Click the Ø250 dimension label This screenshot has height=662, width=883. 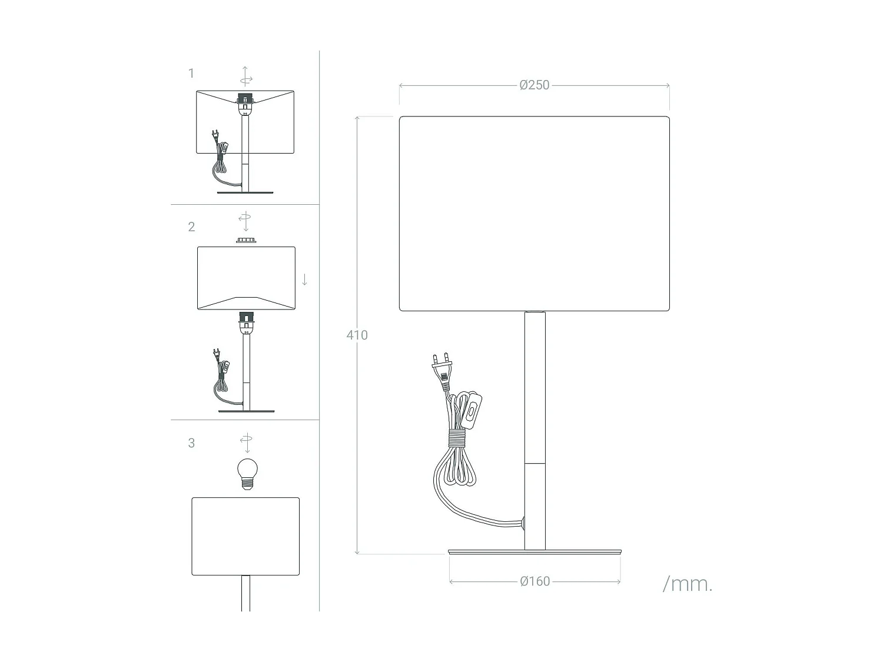[x=534, y=85]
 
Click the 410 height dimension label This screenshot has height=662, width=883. [x=357, y=335]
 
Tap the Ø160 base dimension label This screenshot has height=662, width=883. [x=535, y=581]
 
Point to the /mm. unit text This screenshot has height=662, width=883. [x=687, y=584]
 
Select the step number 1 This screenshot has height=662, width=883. [x=191, y=74]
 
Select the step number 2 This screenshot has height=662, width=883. [x=191, y=227]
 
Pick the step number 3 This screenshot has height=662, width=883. [x=191, y=444]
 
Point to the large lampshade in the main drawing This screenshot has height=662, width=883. [x=534, y=214]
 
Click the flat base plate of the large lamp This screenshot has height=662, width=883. [x=534, y=552]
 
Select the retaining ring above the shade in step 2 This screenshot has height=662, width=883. [x=246, y=240]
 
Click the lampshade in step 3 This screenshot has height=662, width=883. [x=245, y=536]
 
